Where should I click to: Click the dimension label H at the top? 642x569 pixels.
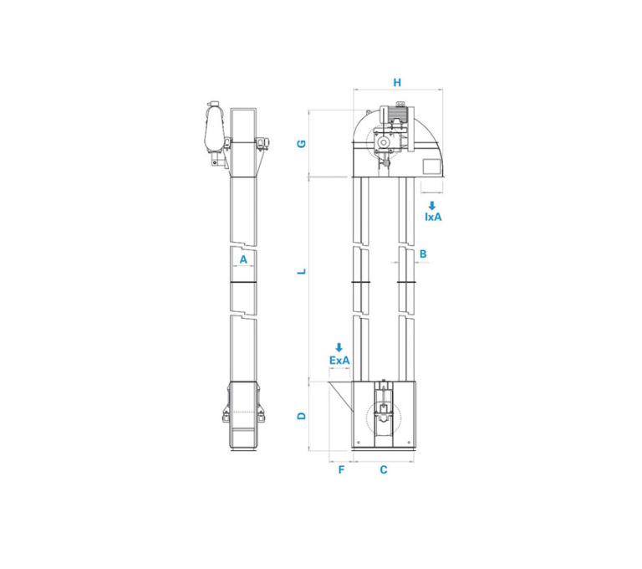[x=397, y=82]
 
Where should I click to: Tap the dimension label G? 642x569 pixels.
[x=302, y=143]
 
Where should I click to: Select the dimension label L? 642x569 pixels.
[x=302, y=271]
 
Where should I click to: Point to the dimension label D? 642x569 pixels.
[x=302, y=416]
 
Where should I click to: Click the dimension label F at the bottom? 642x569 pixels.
[x=341, y=469]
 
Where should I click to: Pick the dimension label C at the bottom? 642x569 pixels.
[x=383, y=469]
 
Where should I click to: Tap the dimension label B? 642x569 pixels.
[x=423, y=254]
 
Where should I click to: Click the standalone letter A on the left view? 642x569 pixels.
[x=243, y=259]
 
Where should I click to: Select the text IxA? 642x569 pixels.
[x=433, y=217]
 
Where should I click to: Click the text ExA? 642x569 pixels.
[x=339, y=361]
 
